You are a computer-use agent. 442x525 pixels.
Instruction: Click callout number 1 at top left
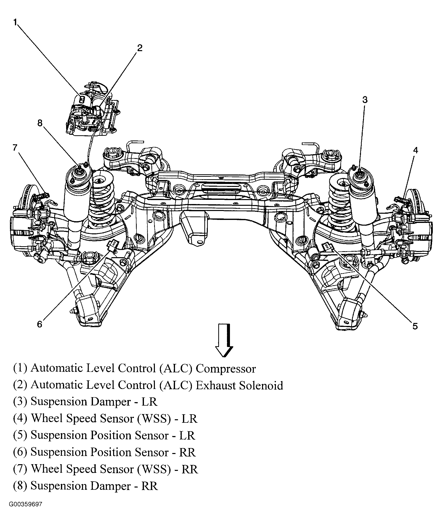(x=15, y=23)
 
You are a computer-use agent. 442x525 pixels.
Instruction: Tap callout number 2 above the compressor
(x=139, y=48)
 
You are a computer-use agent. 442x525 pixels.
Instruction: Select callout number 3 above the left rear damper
(x=365, y=100)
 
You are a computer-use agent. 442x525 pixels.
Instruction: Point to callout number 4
(x=415, y=150)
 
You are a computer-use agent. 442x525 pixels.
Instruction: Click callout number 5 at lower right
(x=415, y=326)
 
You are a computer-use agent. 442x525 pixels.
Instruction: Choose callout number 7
(x=15, y=148)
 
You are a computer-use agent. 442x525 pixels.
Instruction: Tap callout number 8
(x=40, y=123)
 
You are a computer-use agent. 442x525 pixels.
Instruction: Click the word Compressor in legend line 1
(x=225, y=369)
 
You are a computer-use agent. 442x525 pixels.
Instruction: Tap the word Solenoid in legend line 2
(x=261, y=385)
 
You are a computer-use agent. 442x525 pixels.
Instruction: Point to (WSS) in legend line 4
(x=154, y=419)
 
